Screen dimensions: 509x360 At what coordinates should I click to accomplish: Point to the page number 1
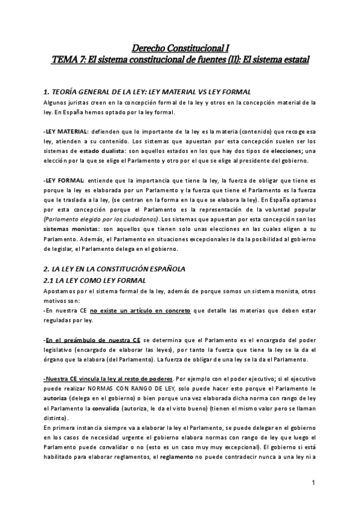click(x=313, y=483)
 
